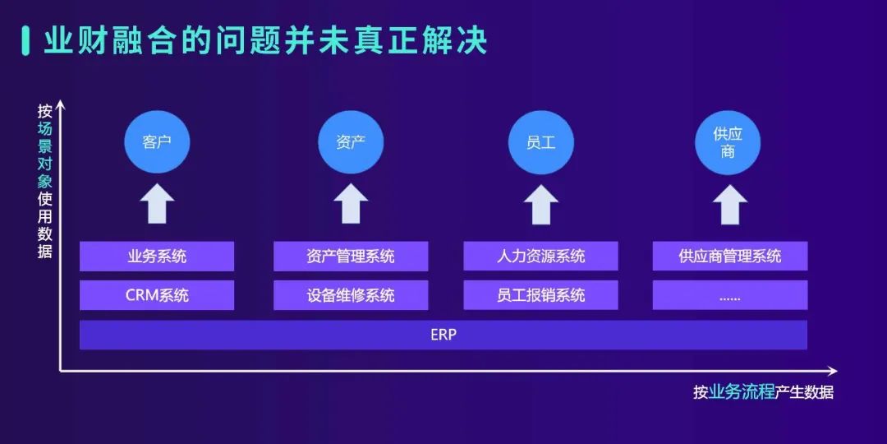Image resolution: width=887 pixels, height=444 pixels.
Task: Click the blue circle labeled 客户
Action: point(157,142)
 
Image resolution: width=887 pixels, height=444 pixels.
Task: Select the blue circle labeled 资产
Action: point(351,142)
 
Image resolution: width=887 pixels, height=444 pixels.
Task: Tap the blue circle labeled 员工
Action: point(540,142)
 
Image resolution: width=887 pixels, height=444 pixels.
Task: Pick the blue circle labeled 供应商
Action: point(728,142)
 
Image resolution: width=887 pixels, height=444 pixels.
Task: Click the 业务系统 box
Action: point(157,257)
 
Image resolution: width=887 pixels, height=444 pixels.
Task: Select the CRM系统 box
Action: point(157,295)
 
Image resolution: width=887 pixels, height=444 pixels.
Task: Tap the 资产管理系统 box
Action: point(351,257)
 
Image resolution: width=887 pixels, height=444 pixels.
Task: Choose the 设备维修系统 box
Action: point(351,295)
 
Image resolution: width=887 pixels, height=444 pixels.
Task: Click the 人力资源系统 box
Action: point(540,257)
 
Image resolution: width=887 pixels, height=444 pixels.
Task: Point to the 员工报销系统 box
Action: point(540,295)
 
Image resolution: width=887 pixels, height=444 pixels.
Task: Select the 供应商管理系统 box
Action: point(730,257)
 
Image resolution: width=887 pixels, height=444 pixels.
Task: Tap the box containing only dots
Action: point(730,295)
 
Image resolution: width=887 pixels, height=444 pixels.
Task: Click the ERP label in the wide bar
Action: point(443,335)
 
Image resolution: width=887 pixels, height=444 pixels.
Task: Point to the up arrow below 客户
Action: point(157,203)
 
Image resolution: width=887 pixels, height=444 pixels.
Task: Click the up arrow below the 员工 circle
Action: point(540,203)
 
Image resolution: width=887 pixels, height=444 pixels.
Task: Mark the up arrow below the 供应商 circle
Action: point(730,203)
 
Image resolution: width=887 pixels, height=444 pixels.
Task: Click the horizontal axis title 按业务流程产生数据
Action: point(763,392)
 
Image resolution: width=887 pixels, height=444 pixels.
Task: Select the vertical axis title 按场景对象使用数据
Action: point(45,181)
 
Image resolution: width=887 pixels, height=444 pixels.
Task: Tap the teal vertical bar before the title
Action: point(25,41)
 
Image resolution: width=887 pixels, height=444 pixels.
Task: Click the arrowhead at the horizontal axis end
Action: point(833,371)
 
